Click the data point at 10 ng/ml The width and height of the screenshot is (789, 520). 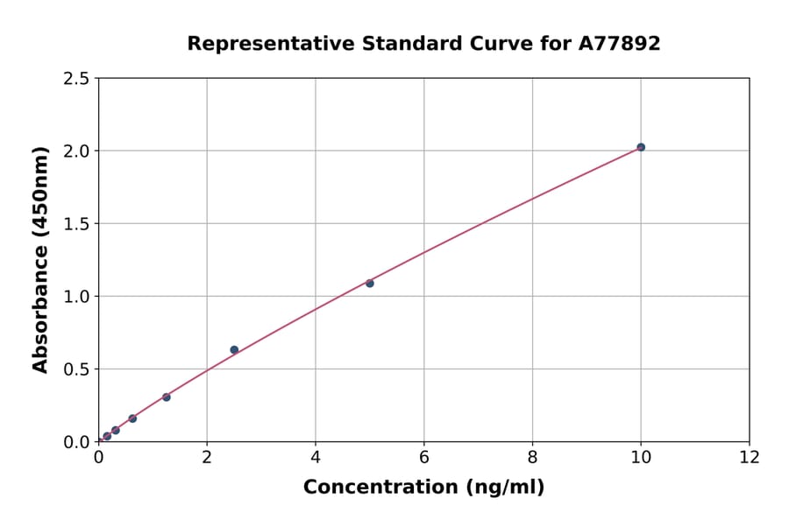[x=641, y=147]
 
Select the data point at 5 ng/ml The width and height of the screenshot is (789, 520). [x=370, y=283]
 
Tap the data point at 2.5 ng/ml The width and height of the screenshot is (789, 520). [x=234, y=349]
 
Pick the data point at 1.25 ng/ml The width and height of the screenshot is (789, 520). [x=167, y=397]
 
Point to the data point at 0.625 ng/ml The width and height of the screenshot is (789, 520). [x=132, y=418]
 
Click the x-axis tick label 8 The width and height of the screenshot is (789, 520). [x=532, y=456]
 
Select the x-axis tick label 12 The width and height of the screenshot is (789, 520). [x=750, y=456]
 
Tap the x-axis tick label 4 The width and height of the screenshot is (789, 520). [x=316, y=456]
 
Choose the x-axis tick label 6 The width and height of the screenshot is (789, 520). [x=424, y=456]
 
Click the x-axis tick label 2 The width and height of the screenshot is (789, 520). [x=207, y=456]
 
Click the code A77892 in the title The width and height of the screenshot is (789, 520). [x=621, y=44]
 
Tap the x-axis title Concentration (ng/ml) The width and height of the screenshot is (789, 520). [x=423, y=488]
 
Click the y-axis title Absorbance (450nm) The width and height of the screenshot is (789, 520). [x=40, y=259]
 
